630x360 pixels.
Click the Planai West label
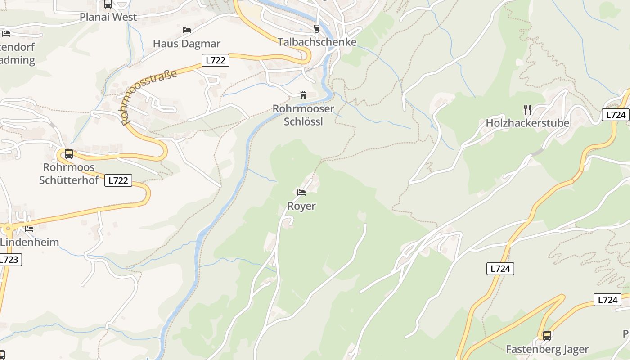(108, 17)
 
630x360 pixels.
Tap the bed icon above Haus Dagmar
(187, 30)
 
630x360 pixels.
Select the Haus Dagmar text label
(187, 44)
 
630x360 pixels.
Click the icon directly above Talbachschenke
(317, 28)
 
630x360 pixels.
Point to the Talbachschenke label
(317, 42)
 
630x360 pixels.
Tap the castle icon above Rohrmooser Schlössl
(303, 95)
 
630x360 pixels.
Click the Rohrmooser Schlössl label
(303, 115)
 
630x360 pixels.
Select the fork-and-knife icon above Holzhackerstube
(527, 109)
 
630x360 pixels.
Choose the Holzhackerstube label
(527, 123)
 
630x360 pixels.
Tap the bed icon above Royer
(301, 193)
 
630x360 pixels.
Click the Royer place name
(301, 206)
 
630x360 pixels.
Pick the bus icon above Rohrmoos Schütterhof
(69, 154)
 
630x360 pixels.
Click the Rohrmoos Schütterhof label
(68, 174)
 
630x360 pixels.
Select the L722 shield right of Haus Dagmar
(215, 60)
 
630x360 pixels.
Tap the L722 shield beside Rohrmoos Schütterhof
(118, 181)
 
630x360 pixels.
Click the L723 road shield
(9, 260)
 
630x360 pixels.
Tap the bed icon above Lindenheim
(29, 229)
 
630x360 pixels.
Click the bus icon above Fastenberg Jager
(547, 335)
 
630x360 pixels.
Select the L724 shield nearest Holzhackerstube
(616, 115)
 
